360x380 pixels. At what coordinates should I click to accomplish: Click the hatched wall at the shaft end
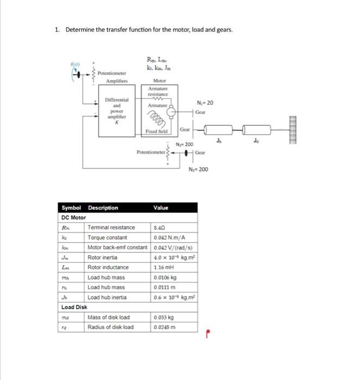tap(288, 130)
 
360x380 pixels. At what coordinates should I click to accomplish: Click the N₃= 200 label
tap(198, 170)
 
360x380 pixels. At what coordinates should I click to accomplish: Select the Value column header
tap(161, 208)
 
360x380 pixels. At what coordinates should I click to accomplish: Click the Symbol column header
tap(71, 208)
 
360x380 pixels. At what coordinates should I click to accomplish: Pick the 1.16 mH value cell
tap(163, 267)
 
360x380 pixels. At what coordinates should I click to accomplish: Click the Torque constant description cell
tap(108, 237)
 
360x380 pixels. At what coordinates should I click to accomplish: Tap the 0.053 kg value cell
tap(163, 316)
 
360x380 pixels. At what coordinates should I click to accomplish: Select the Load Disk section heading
tap(74, 307)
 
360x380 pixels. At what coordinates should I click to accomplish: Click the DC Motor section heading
tap(73, 217)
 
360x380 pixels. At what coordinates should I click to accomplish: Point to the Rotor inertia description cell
tap(105, 257)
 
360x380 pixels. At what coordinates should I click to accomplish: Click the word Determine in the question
tap(80, 29)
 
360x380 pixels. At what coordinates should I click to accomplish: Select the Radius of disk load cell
tap(110, 327)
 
